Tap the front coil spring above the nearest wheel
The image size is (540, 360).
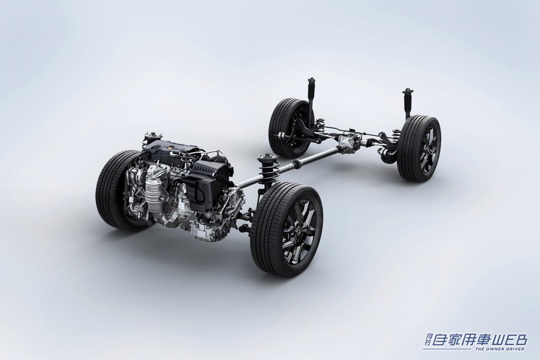point(268,169)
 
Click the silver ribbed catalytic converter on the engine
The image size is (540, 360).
point(154,186)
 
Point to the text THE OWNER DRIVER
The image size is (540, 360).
point(499,349)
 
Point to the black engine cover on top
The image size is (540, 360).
point(169,150)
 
